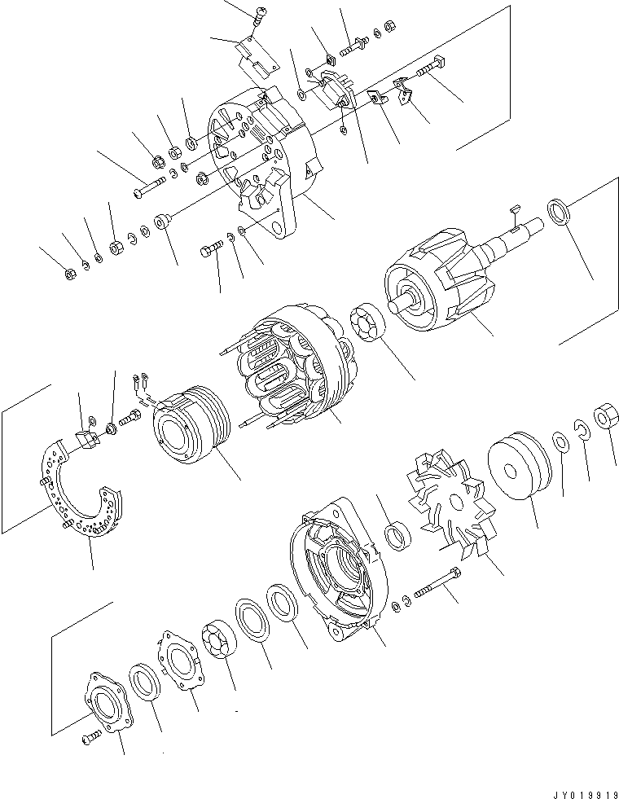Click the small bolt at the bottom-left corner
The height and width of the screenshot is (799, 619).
pyautogui.click(x=88, y=738)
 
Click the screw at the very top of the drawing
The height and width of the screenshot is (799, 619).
pyautogui.click(x=260, y=12)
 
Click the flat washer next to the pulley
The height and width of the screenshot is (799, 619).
pyautogui.click(x=562, y=442)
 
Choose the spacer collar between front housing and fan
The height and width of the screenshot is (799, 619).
pyautogui.click(x=397, y=535)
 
